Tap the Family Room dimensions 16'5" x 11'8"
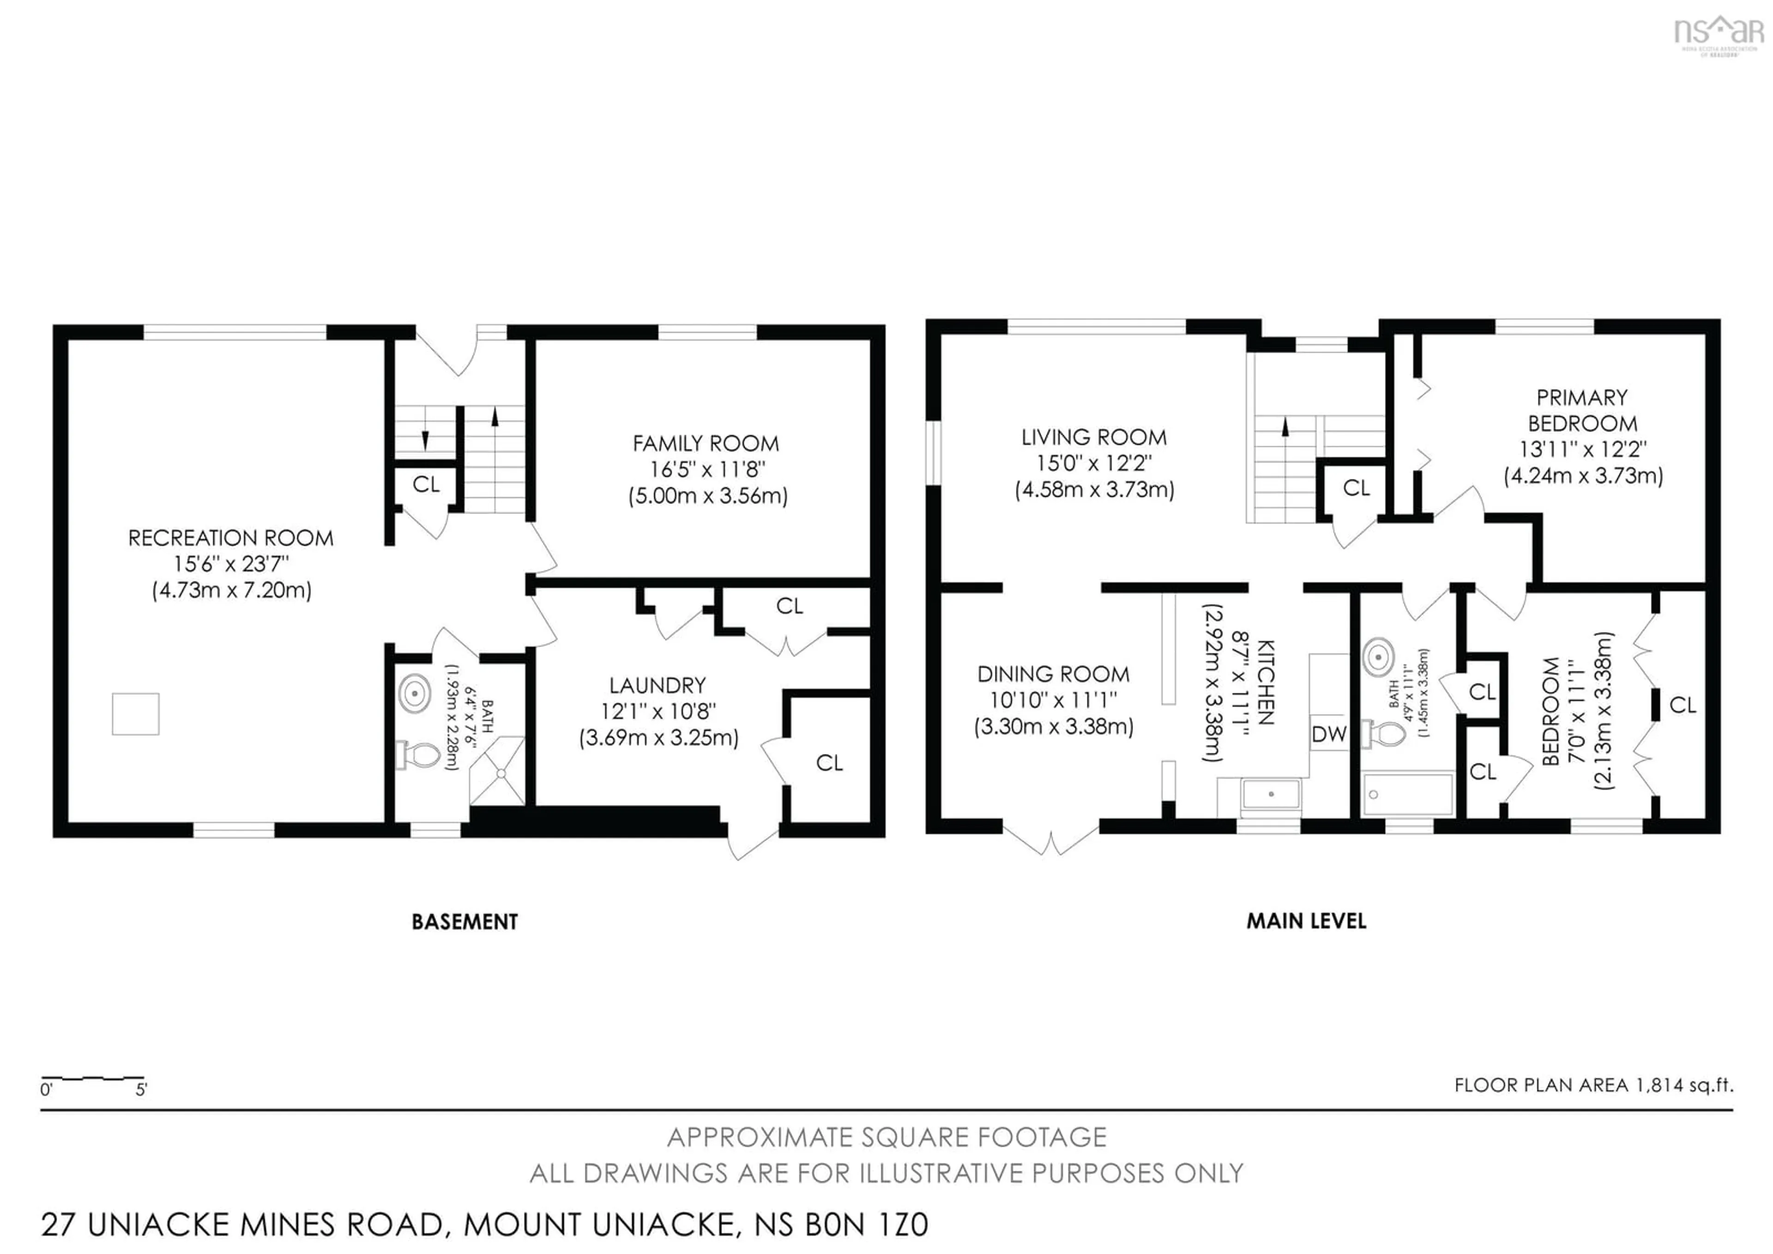click(x=706, y=469)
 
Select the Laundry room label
click(x=657, y=685)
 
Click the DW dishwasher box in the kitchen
click(x=1328, y=734)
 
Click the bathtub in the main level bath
click(x=1409, y=793)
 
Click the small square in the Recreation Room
click(x=136, y=714)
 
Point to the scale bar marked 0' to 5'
click(x=93, y=1078)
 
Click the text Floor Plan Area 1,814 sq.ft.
click(x=1593, y=1085)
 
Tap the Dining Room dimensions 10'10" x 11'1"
click(x=1053, y=700)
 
